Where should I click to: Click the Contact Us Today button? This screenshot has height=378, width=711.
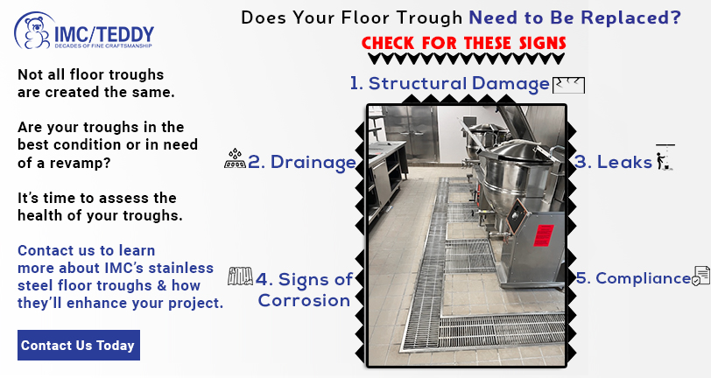(79, 346)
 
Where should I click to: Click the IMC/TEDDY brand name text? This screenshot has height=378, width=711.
(104, 35)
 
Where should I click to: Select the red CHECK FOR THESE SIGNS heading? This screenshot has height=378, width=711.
(464, 43)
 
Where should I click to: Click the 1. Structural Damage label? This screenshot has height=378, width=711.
(450, 84)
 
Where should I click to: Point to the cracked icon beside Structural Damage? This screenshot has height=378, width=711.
(568, 85)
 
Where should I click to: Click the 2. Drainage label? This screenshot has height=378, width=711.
(302, 162)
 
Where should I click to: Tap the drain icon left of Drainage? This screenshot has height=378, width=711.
(235, 158)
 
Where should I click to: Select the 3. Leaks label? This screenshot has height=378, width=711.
(613, 162)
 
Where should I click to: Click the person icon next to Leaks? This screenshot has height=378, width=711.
(665, 157)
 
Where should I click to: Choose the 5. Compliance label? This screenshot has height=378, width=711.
(634, 278)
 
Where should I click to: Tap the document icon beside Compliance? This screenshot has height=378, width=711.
(701, 276)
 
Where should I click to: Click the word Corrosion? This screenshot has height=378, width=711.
(304, 300)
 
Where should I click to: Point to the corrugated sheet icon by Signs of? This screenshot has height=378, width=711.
(240, 276)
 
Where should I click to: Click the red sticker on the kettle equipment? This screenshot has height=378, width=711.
(544, 235)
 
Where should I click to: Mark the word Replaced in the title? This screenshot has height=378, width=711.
(630, 17)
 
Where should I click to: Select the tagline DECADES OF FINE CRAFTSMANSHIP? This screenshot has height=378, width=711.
(103, 45)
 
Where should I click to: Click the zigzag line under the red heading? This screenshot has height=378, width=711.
(466, 59)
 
